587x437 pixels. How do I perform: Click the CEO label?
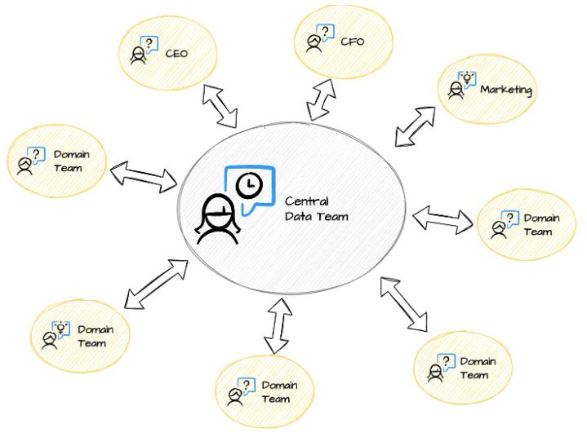click(177, 55)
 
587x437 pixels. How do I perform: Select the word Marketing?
click(506, 89)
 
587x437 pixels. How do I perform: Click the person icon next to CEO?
click(138, 55)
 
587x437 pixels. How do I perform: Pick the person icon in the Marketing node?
click(454, 89)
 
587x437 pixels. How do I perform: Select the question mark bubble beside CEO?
click(150, 45)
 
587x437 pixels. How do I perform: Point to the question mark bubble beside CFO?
click(327, 32)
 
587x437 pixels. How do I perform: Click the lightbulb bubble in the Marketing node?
click(467, 78)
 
